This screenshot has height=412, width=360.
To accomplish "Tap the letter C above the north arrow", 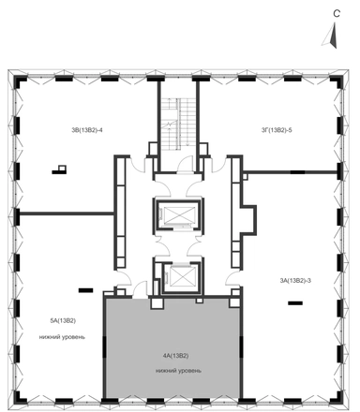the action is (x=337, y=14).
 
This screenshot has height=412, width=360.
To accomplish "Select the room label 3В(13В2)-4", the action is (x=87, y=130).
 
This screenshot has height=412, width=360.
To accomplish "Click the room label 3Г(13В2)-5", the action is (x=277, y=130).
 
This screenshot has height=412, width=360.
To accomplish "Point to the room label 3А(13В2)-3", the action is (x=295, y=280).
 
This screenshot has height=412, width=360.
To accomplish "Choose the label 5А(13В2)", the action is (x=63, y=320).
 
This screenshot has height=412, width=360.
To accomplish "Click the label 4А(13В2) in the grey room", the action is (x=175, y=356).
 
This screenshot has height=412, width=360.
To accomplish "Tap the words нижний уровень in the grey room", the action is (x=178, y=371).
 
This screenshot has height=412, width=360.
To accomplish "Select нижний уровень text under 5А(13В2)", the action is (x=62, y=337).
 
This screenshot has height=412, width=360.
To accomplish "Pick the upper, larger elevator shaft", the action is (x=178, y=214).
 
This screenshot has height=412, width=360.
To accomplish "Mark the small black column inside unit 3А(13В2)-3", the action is (x=295, y=302).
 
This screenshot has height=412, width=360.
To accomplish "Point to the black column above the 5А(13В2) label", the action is (x=85, y=290).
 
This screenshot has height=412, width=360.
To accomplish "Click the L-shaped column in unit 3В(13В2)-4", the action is (x=59, y=169).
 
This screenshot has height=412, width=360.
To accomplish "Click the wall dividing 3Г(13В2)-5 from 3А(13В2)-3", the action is (x=290, y=171).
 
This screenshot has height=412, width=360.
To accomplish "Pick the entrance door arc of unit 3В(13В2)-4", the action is (x=138, y=164).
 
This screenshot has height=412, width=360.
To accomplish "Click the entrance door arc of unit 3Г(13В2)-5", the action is (x=218, y=164).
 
